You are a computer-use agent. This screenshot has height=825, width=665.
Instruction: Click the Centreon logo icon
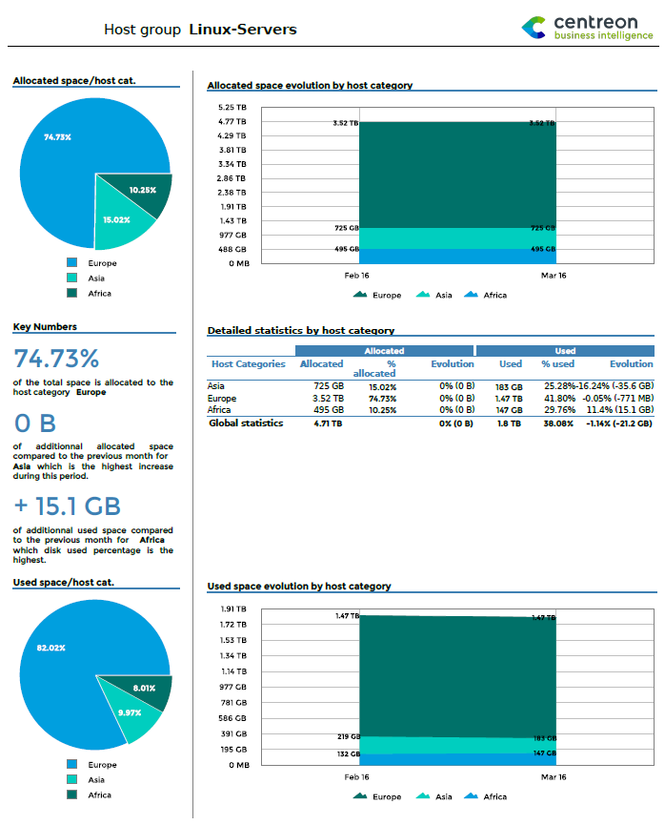534,28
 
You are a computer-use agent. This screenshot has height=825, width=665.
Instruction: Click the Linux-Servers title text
243,30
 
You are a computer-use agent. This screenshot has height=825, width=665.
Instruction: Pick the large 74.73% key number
56,359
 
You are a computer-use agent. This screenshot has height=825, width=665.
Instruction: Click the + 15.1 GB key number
67,506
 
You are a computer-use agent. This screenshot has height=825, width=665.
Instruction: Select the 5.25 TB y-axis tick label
233,108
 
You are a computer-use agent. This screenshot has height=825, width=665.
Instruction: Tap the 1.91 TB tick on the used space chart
233,608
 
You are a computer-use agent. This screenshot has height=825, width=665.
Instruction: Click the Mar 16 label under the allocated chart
554,276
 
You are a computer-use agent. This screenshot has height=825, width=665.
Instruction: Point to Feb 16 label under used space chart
357,777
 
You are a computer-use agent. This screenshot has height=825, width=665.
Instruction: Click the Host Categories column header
248,364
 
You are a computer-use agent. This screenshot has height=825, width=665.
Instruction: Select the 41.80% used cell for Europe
559,399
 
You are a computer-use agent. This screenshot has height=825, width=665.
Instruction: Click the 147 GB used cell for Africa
510,410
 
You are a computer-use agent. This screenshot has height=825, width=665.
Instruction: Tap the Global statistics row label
246,423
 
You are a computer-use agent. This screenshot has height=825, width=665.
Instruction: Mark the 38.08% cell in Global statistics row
559,423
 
